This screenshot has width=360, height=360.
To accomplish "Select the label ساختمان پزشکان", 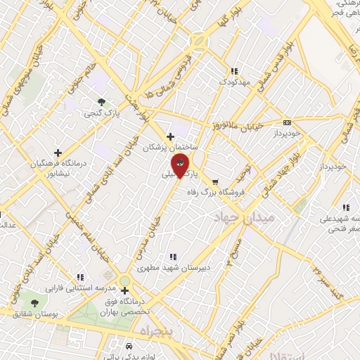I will click(x=169, y=148).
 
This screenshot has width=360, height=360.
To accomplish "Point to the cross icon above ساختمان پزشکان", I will click(x=169, y=136).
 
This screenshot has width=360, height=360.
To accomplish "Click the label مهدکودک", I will click(x=233, y=82).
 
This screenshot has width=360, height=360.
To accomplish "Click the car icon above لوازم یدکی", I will click(x=128, y=347).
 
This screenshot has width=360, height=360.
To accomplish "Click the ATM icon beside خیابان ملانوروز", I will click(x=287, y=122).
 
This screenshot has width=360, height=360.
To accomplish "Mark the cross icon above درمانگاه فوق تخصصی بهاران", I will click(x=124, y=291).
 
